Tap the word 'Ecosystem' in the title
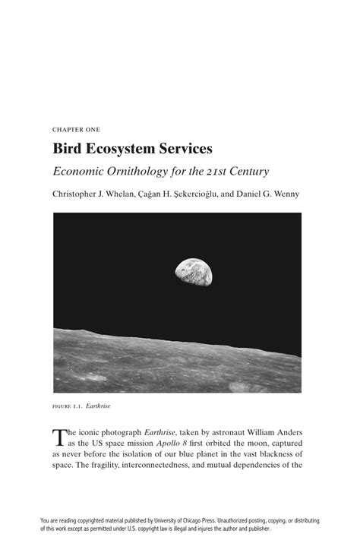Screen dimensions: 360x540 (x=125, y=148)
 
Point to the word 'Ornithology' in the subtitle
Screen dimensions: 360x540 (x=135, y=171)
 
